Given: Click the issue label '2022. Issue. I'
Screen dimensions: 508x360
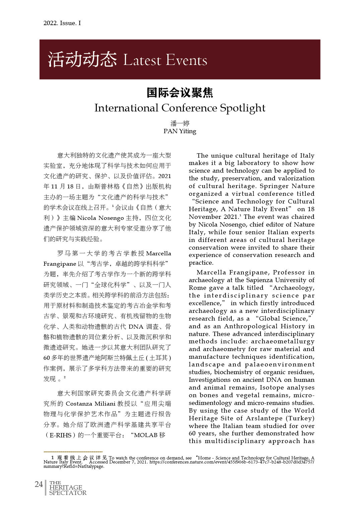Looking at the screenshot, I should (62, 23).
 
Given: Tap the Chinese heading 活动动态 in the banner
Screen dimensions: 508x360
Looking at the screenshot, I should (82, 60).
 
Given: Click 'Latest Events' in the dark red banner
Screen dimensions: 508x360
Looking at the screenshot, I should (165, 60).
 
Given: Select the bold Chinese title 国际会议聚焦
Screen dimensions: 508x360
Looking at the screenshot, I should (180, 93).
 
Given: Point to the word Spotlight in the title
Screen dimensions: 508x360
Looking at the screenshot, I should (242, 108).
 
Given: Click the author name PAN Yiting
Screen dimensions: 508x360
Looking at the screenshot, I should (180, 131).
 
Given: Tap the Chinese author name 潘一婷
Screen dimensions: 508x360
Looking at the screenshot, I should (180, 123).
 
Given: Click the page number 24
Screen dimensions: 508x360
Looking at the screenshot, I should (39, 484).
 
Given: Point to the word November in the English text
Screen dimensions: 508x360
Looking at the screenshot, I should (205, 217).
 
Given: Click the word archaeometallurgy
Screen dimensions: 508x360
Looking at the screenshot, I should (283, 341).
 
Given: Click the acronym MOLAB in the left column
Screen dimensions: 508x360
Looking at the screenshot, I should (146, 435).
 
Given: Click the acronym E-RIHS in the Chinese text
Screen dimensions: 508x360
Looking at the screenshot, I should (61, 435).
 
